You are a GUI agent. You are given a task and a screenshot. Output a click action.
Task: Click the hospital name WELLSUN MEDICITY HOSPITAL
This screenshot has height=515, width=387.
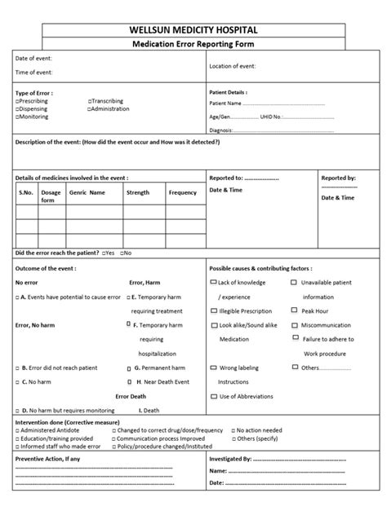coord(193,30)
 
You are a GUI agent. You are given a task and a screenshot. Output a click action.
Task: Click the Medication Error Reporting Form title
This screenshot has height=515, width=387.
coord(193,44)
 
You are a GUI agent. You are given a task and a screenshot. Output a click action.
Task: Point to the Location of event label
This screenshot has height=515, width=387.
coord(233,65)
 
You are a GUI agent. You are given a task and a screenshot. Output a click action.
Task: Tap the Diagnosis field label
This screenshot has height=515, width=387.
coord(221,130)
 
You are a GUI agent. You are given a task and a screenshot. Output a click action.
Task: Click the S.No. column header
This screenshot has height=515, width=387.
coord(26,193)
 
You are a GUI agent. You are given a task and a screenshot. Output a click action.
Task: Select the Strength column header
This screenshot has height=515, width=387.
coord(138,193)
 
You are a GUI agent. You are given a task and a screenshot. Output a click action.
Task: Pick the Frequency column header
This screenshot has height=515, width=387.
coord(182,193)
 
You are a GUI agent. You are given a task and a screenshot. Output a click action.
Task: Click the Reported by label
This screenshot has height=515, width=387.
coord(338,177)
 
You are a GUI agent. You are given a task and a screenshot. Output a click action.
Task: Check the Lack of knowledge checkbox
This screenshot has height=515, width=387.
coord(214,282)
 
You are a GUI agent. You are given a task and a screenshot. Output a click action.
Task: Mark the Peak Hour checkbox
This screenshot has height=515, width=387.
coord(294,310)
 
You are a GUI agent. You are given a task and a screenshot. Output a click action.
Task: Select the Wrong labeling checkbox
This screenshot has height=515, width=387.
coord(214,368)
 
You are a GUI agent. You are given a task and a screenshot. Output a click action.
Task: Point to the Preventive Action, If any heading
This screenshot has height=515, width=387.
coord(48,460)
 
